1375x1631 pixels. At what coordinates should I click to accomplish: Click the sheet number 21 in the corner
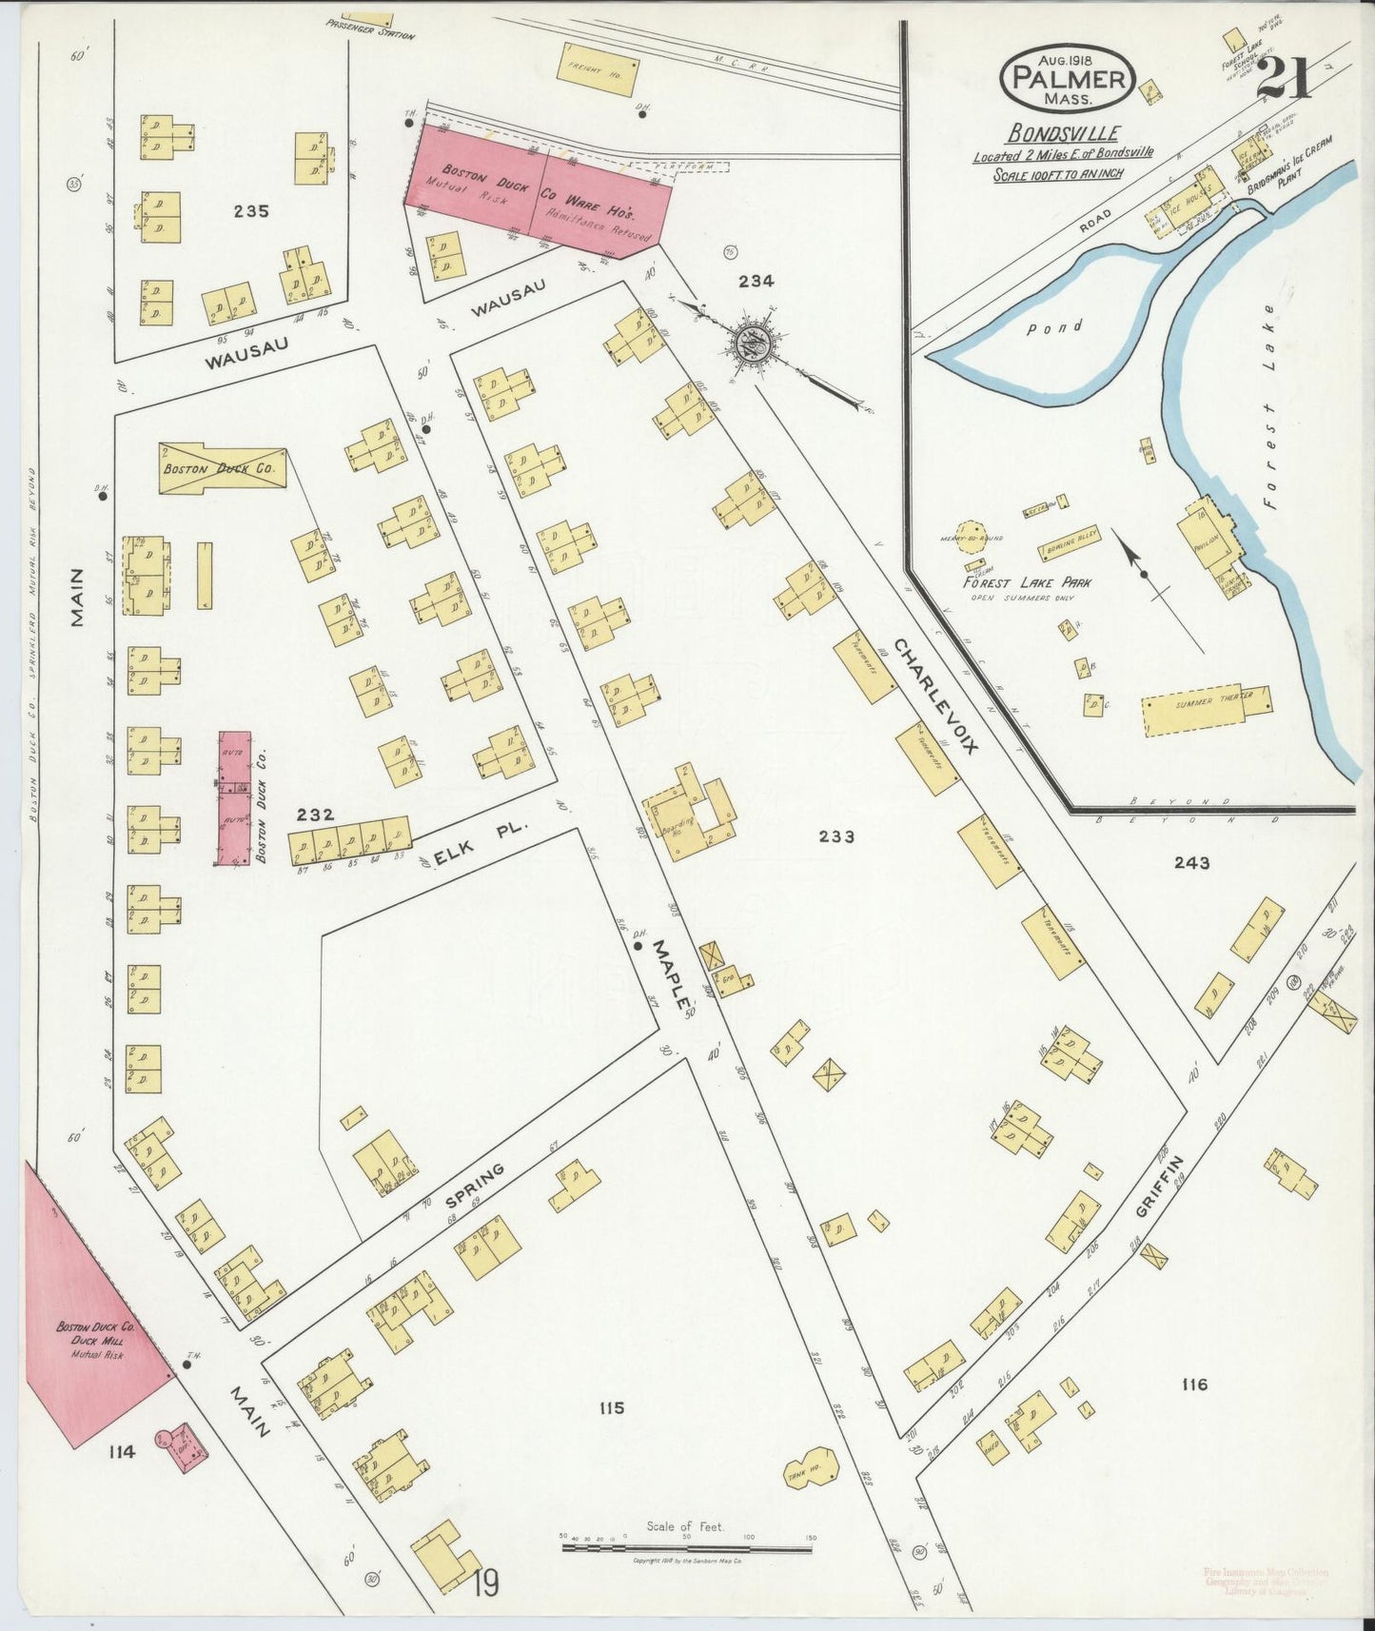pyautogui.click(x=1284, y=77)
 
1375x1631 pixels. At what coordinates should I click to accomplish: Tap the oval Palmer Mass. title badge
pyautogui.click(x=1067, y=76)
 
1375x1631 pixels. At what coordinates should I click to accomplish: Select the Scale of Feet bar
pyautogui.click(x=686, y=1548)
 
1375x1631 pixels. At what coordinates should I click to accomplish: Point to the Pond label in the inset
pyautogui.click(x=1054, y=327)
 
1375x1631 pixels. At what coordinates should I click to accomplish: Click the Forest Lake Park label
pyautogui.click(x=1027, y=582)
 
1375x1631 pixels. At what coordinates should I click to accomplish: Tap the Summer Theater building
pyautogui.click(x=1207, y=710)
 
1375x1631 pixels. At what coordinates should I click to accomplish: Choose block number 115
pyautogui.click(x=611, y=1407)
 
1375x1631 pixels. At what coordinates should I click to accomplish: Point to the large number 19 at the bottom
pyautogui.click(x=484, y=1584)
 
